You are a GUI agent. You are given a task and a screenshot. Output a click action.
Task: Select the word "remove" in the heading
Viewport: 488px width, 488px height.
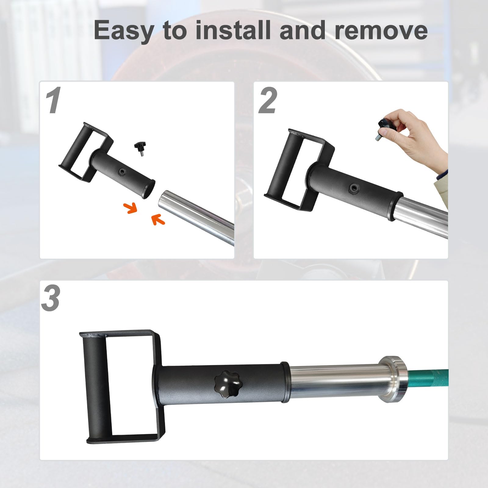(381, 30)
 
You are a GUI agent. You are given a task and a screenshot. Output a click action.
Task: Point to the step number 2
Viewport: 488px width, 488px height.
(267, 101)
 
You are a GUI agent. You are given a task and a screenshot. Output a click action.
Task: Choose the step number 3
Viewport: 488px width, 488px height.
(51, 299)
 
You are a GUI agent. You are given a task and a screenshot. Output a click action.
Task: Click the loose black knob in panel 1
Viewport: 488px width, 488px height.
(140, 149)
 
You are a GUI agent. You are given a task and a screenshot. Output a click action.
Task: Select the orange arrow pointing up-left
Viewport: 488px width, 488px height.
(158, 219)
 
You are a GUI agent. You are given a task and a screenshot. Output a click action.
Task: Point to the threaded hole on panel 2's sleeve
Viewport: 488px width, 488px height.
(353, 188)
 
